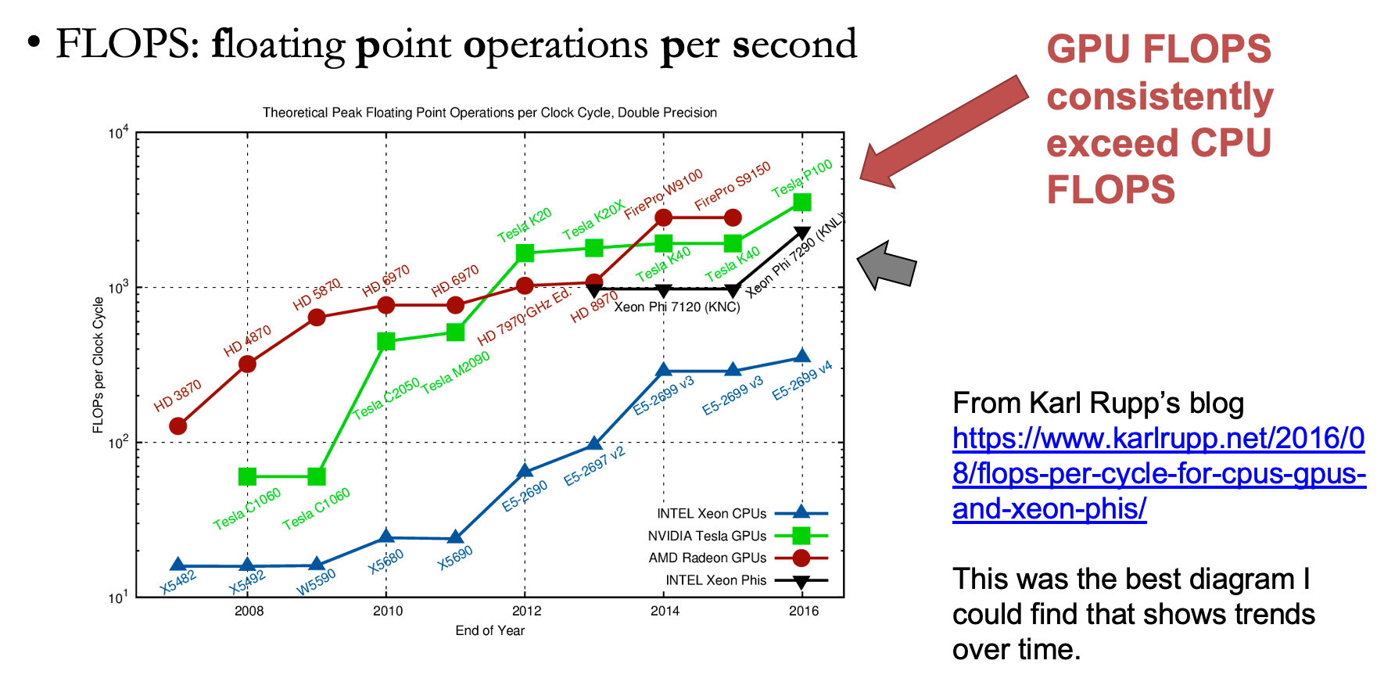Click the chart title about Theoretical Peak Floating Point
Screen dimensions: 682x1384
coord(489,113)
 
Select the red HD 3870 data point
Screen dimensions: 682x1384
coord(178,426)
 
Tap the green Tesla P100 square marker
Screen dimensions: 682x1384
coord(802,203)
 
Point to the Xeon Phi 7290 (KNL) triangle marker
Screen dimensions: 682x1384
coord(802,233)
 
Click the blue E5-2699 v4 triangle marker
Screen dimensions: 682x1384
coord(802,357)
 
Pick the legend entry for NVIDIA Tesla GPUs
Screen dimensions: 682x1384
coord(707,536)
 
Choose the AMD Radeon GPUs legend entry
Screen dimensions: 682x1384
coord(707,558)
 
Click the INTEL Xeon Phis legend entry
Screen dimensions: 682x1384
coord(715,580)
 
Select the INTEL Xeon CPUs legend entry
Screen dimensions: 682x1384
coord(711,514)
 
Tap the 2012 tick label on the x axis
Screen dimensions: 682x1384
coord(526,611)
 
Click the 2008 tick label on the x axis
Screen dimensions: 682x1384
coord(249,611)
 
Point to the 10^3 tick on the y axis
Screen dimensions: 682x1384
coord(118,289)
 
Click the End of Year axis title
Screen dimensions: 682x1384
coord(489,630)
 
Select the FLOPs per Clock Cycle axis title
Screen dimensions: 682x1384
coord(99,364)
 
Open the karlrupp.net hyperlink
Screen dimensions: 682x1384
coord(1158,473)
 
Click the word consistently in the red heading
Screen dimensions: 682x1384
coord(1160,96)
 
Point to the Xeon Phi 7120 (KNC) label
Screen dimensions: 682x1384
coord(676,307)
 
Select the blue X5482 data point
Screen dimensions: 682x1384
coord(178,565)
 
